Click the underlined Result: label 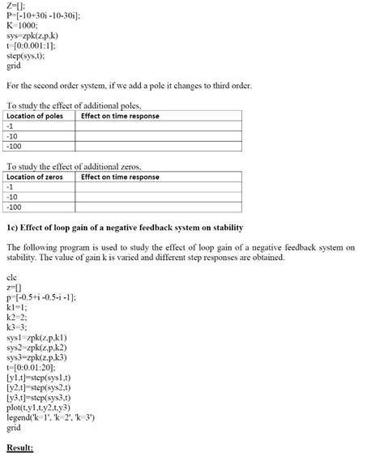point(19,447)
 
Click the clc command point(11,277)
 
